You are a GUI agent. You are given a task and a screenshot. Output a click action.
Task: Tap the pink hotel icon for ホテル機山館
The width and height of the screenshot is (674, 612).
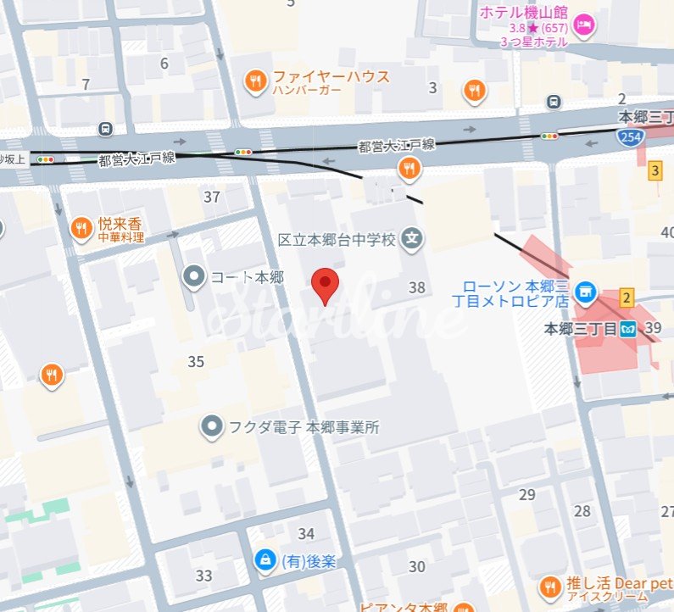tap(585, 25)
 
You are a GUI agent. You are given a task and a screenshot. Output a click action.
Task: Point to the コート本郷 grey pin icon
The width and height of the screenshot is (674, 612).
tap(194, 276)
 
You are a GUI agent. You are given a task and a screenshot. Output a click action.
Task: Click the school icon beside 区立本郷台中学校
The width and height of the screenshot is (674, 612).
tap(412, 240)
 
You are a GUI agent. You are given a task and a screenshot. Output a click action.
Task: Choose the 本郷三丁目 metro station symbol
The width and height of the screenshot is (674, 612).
tap(627, 329)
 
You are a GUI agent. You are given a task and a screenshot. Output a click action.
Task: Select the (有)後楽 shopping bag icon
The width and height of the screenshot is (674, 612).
tap(265, 559)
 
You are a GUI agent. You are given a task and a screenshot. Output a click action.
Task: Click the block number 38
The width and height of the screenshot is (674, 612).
tap(416, 287)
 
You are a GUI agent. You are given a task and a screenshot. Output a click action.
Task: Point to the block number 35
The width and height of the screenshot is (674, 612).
tap(196, 362)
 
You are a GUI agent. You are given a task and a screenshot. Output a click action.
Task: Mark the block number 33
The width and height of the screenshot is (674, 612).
tap(203, 576)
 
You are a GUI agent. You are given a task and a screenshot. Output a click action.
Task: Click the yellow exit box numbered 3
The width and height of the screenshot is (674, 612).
tap(655, 171)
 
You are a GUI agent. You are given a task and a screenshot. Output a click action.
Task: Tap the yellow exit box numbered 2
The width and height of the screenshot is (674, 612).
tap(627, 297)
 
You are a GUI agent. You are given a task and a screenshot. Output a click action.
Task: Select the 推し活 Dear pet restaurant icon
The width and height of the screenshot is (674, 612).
tap(549, 586)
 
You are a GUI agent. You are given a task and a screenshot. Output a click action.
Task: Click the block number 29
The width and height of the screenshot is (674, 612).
tap(527, 494)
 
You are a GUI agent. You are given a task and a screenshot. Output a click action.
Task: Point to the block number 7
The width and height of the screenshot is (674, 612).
tap(85, 84)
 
